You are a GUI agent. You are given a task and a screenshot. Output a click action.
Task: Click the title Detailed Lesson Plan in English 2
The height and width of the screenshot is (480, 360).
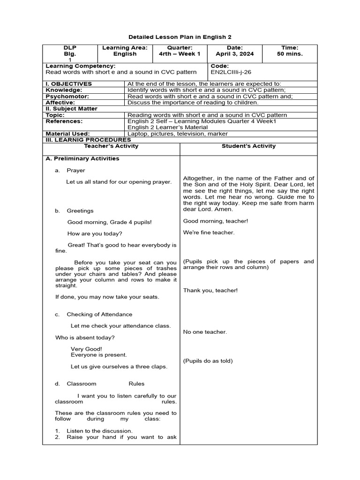180,37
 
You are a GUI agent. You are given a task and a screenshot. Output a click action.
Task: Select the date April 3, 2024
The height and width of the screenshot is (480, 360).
234,54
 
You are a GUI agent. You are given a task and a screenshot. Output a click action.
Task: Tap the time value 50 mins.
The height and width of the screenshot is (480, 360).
289,54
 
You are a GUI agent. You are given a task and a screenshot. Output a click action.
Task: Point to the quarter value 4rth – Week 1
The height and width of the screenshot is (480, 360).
180,54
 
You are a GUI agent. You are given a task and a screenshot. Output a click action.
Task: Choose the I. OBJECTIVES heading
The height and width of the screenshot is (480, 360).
69,84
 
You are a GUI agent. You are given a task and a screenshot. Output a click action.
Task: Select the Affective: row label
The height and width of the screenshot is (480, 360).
60,102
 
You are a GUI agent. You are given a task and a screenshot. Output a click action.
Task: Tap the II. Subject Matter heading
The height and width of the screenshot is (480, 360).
72,109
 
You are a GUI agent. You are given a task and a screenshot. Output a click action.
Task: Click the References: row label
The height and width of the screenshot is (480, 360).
64,121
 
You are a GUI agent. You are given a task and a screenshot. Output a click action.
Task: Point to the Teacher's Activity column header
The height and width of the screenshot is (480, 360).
111,146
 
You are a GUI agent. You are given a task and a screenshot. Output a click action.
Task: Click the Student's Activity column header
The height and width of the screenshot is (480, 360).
248,146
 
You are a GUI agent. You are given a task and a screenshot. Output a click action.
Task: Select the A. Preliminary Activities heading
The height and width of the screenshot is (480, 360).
82,158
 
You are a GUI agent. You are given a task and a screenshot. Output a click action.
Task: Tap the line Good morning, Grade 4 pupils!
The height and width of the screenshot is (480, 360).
110,222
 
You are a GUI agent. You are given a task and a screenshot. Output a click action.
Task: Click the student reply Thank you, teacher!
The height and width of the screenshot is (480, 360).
210,291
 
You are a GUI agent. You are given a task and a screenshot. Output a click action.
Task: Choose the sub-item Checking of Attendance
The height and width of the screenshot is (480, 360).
99,315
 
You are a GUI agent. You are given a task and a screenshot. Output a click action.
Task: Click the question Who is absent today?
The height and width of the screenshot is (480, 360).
85,337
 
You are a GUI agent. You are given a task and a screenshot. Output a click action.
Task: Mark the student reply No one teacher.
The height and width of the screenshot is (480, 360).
205,332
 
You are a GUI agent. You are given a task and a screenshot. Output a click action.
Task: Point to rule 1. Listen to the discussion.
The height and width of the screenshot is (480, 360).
94,431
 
